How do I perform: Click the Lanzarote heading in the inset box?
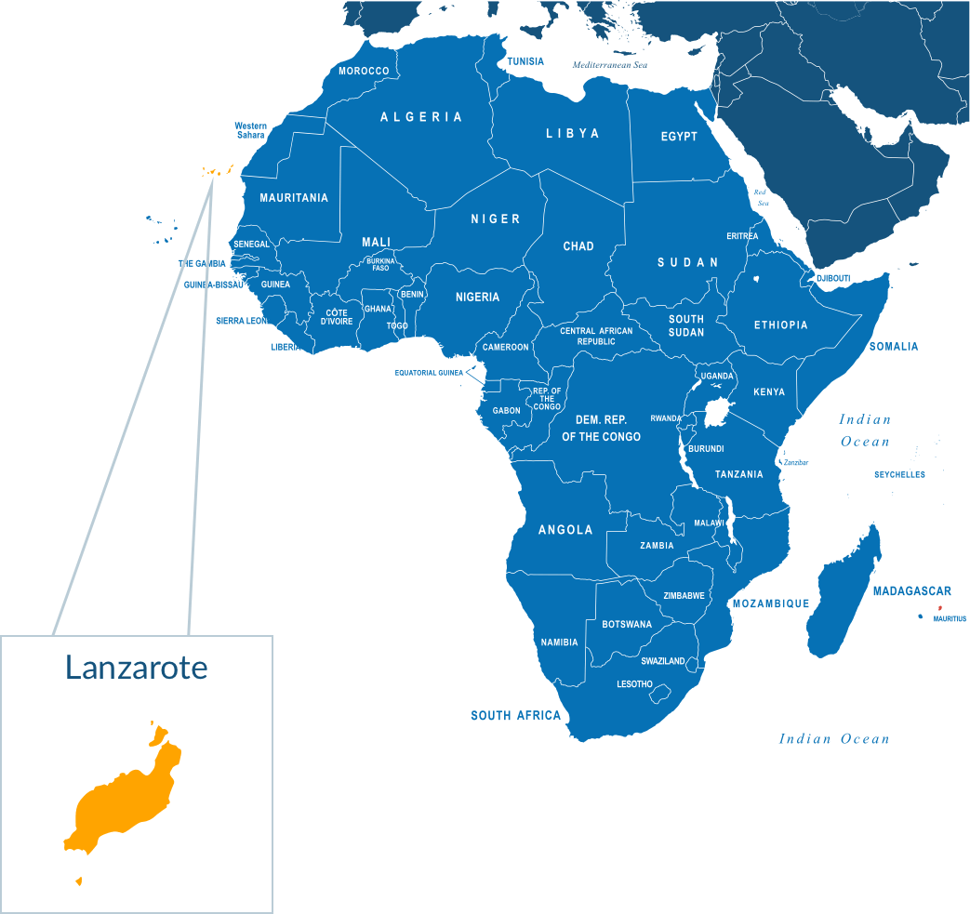pyautogui.click(x=136, y=667)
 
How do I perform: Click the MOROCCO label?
pyautogui.click(x=364, y=71)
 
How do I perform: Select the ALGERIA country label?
pyautogui.click(x=421, y=117)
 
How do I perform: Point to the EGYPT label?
pyautogui.click(x=679, y=137)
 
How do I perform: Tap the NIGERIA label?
pyautogui.click(x=477, y=298)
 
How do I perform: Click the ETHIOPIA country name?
pyautogui.click(x=780, y=325)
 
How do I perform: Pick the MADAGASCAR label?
pyautogui.click(x=911, y=591)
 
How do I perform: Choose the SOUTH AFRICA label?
pyautogui.click(x=515, y=716)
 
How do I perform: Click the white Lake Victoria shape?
pyautogui.click(x=717, y=412)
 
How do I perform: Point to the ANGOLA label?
pyautogui.click(x=565, y=530)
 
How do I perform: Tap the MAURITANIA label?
pyautogui.click(x=294, y=198)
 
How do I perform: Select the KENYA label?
pyautogui.click(x=769, y=392)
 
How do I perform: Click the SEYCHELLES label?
pyautogui.click(x=899, y=475)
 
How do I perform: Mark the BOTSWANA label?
pyautogui.click(x=627, y=625)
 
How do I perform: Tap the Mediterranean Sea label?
pyautogui.click(x=609, y=66)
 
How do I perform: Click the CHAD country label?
pyautogui.click(x=578, y=246)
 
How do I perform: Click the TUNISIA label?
pyautogui.click(x=525, y=61)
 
